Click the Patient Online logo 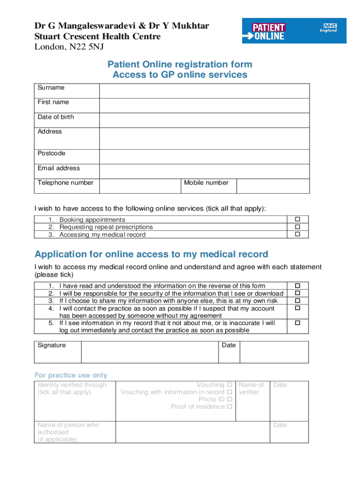coord(268,31)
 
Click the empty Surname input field coord(204,91)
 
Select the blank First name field coord(204,105)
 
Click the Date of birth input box coord(204,120)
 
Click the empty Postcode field coord(204,157)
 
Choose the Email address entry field coord(204,171)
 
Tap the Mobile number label coord(206,183)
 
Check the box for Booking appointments coord(297,219)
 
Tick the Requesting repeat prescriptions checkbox coord(297,227)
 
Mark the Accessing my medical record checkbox coord(297,234)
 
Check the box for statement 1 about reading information coord(297,285)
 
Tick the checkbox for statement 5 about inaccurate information coord(297,323)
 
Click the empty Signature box coord(150,352)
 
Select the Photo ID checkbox coord(230,399)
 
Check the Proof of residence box coord(230,407)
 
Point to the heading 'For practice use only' coord(71,375)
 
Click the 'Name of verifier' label coord(251,388)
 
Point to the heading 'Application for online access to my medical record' coord(151,254)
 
